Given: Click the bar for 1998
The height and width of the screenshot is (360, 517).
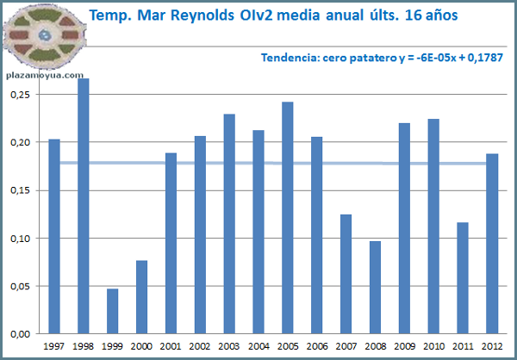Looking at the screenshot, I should pos(84,207).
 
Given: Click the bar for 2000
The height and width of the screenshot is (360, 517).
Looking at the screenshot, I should pos(142,297).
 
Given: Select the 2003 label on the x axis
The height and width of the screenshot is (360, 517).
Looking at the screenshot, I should pos(229,345).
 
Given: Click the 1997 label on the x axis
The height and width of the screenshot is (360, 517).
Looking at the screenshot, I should pos(54,345).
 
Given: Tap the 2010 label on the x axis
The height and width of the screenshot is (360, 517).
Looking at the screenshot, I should pos(433,345).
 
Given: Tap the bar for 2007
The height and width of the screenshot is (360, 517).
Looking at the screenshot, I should pos(346,274).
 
